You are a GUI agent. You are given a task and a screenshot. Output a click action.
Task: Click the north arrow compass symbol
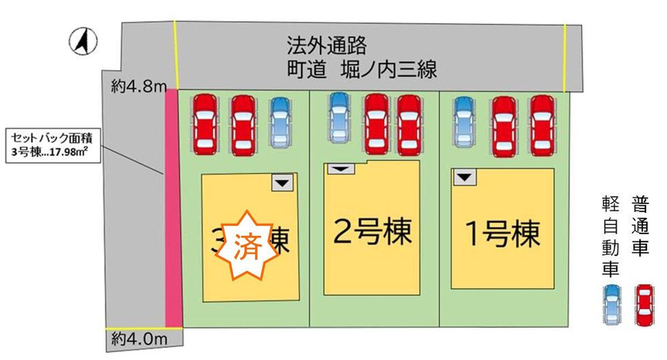(x=84, y=42)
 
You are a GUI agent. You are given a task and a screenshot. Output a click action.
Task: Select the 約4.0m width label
(x=138, y=337)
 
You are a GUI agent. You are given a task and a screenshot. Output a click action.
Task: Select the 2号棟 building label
(x=372, y=233)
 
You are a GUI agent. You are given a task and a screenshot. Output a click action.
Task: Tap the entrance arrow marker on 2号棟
(x=340, y=168)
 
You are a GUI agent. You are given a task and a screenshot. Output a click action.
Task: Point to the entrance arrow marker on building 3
(x=282, y=183)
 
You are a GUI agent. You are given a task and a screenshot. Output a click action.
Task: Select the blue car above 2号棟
(x=339, y=118)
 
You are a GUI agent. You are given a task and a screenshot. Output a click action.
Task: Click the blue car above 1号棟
(x=465, y=123)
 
